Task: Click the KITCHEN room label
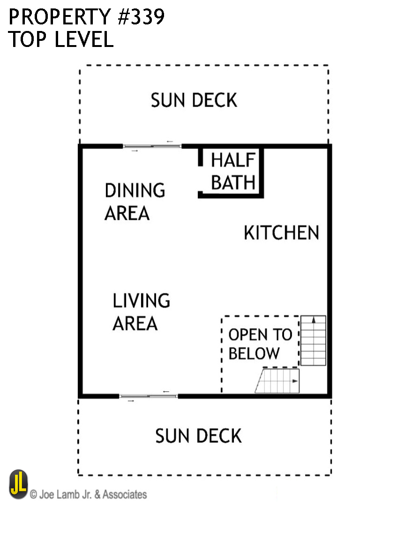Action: [281, 233]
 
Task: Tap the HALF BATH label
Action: [233, 171]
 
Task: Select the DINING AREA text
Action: [135, 202]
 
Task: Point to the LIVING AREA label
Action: [141, 312]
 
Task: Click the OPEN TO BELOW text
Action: [260, 344]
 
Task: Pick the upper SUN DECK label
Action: [194, 100]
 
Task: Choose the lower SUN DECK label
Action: [198, 436]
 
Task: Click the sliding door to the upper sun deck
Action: [152, 146]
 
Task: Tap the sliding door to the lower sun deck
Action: [149, 396]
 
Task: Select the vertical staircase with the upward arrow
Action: [313, 341]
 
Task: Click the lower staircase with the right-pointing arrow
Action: [277, 381]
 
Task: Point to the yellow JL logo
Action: [18, 485]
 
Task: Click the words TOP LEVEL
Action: [61, 40]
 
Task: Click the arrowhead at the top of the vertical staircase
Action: [313, 319]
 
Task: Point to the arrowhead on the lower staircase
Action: [295, 381]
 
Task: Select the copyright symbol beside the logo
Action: [33, 494]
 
